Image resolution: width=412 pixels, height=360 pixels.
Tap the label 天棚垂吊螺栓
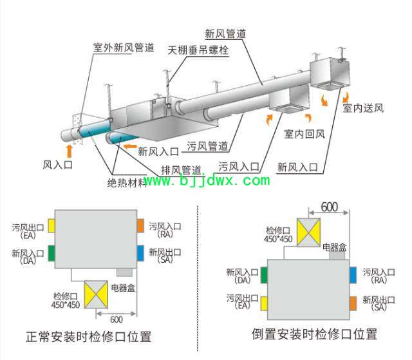tap(198, 50)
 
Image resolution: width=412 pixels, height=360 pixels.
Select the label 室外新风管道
tap(124, 48)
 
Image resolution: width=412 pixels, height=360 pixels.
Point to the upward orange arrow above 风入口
tap(70, 151)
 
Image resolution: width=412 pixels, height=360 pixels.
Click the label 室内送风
tap(363, 108)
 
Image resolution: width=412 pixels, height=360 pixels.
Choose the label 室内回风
tap(304, 134)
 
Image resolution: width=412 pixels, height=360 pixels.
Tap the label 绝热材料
tap(127, 183)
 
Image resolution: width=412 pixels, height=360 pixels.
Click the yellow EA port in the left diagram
tap(51, 225)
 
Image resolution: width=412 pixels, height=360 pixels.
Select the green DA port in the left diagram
tap(51, 253)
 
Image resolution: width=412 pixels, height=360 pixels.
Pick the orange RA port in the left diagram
tap(140, 225)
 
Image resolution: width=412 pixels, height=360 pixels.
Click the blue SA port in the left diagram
tap(140, 253)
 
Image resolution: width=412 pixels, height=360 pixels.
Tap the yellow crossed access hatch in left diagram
tap(96, 294)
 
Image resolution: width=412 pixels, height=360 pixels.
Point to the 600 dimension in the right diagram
tap(329, 207)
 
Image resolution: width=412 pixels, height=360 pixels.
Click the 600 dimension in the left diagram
tap(117, 319)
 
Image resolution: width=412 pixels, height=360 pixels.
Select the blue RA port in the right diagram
tap(353, 275)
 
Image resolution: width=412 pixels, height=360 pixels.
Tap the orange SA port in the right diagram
tap(353, 303)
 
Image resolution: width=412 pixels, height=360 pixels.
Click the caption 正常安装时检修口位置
tap(89, 337)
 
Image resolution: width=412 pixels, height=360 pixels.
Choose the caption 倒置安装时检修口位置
tap(315, 334)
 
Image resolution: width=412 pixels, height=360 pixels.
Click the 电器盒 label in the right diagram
tap(335, 247)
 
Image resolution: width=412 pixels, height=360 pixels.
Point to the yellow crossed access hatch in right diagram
tap(309, 232)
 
